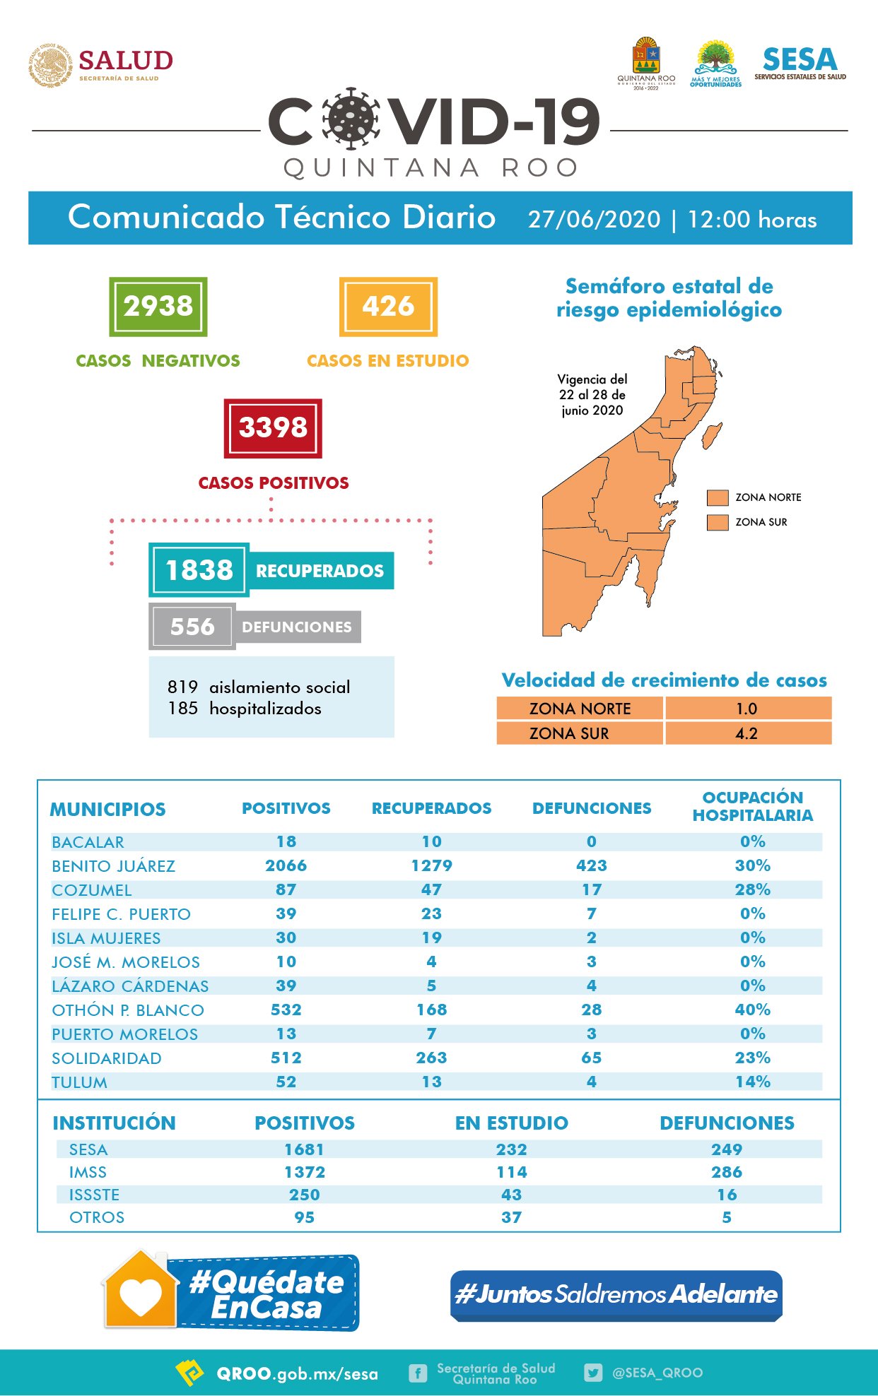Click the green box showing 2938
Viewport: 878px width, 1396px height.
[158, 307]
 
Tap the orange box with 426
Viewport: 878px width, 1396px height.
[388, 307]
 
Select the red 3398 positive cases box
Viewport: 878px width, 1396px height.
[273, 428]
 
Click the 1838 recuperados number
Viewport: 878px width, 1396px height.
[199, 570]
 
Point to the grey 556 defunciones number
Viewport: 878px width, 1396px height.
[192, 627]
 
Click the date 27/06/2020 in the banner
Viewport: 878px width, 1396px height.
[594, 219]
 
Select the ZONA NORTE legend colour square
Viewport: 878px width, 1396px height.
[718, 497]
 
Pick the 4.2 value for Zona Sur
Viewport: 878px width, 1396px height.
[747, 733]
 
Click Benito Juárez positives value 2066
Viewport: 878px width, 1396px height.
[286, 865]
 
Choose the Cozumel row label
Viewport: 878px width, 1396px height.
[92, 890]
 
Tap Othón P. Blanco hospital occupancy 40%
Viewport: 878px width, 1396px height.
[753, 1010]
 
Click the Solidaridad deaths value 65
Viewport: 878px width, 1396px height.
[592, 1058]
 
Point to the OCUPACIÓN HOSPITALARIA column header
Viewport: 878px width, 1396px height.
[753, 806]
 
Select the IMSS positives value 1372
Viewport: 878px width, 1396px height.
[305, 1172]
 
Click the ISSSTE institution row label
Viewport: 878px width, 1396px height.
[94, 1195]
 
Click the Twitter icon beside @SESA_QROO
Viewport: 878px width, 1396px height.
[593, 1373]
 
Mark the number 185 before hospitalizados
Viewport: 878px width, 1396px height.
[182, 708]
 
